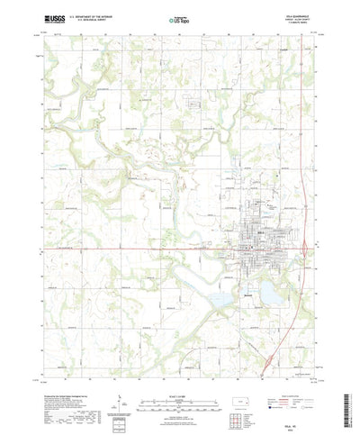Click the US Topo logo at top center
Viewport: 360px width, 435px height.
[180, 16]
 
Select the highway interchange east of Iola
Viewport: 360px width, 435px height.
[309, 245]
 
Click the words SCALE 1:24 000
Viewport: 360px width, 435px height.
[180, 369]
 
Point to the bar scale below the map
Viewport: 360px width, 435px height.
[180, 378]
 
